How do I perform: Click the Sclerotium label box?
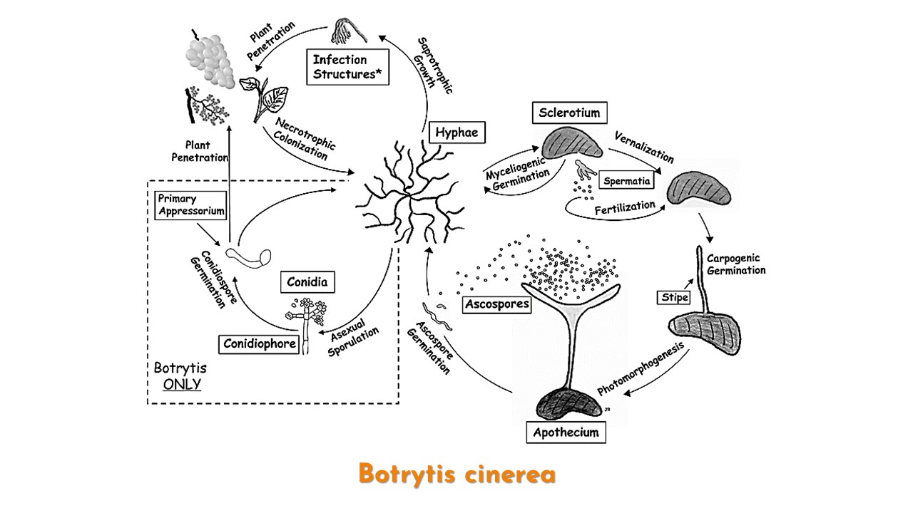pyautogui.click(x=568, y=113)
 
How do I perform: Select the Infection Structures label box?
pyautogui.click(x=348, y=67)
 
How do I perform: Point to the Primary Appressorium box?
pyautogui.click(x=190, y=204)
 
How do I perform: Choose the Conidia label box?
pyautogui.click(x=307, y=282)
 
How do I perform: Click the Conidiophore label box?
pyautogui.click(x=255, y=343)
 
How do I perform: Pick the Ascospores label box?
pyautogui.click(x=497, y=305)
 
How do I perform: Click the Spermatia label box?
pyautogui.click(x=626, y=181)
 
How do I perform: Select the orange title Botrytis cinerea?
pyautogui.click(x=456, y=474)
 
